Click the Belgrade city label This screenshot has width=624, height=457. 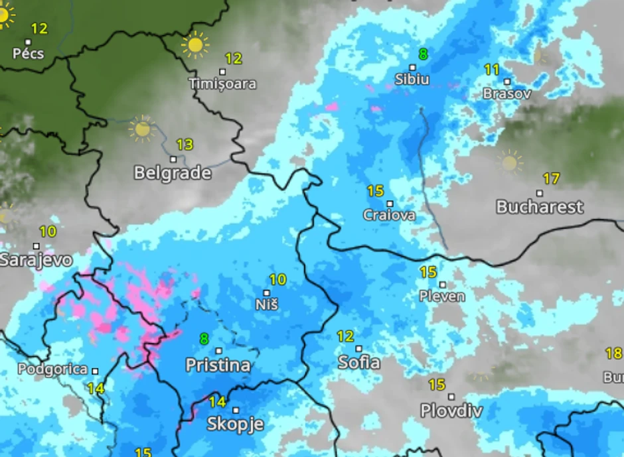pyautogui.click(x=173, y=174)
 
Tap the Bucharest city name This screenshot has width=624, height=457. pyautogui.click(x=540, y=207)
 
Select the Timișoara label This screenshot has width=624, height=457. pyautogui.click(x=222, y=84)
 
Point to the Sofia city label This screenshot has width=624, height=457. pyautogui.click(x=359, y=362)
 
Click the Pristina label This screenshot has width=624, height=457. pyautogui.click(x=218, y=365)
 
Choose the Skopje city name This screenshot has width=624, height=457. pyautogui.click(x=236, y=424)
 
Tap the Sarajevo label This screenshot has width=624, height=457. pyautogui.click(x=35, y=259)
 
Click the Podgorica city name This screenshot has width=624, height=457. pyautogui.click(x=52, y=369)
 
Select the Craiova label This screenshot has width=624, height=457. pyautogui.click(x=389, y=215)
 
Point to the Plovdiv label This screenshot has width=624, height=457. pyautogui.click(x=451, y=411)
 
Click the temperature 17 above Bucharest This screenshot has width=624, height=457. pyautogui.click(x=551, y=178)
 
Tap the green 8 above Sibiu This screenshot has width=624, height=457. pyautogui.click(x=423, y=54)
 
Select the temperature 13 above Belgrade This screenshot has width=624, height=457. pyautogui.click(x=185, y=144)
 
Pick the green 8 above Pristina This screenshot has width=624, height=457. pyautogui.click(x=204, y=339)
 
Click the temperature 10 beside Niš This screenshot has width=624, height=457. pyautogui.click(x=277, y=280)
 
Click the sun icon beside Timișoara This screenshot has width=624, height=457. pyautogui.click(x=195, y=44)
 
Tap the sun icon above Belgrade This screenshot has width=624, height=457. pyautogui.click(x=142, y=129)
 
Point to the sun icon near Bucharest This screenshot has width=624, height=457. pyautogui.click(x=509, y=161)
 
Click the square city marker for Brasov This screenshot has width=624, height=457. pyautogui.click(x=507, y=82)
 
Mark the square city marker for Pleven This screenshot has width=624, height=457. pyautogui.click(x=442, y=285)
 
